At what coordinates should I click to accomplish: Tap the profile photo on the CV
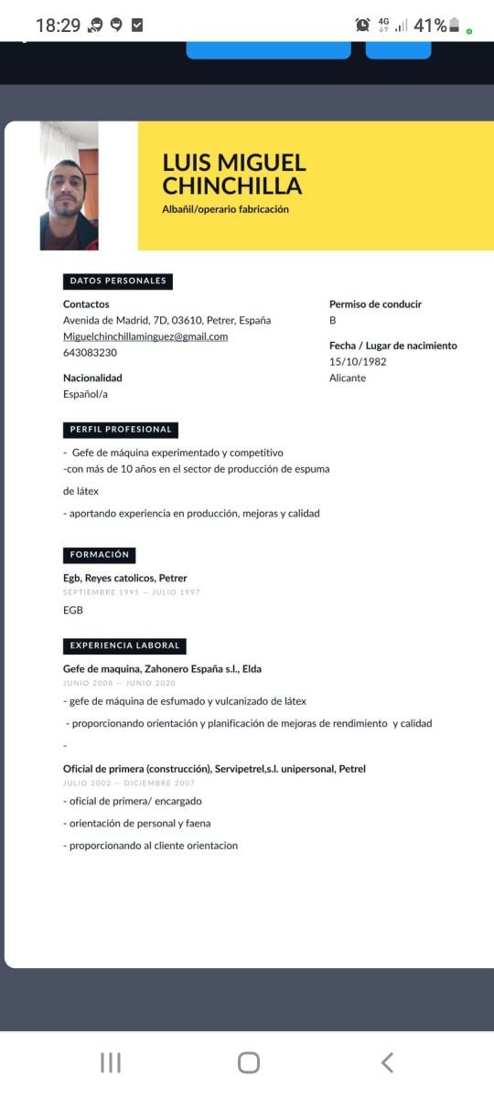(69, 186)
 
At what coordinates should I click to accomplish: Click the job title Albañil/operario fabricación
(225, 209)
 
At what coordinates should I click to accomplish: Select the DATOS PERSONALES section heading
(118, 281)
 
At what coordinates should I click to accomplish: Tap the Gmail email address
(145, 336)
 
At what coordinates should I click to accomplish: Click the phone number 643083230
(90, 353)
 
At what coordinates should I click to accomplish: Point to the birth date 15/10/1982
(358, 362)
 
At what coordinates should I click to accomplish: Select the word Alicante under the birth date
(348, 378)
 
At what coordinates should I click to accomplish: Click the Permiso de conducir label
(375, 304)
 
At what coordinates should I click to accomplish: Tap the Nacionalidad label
(92, 378)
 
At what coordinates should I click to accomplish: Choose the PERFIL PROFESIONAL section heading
(121, 430)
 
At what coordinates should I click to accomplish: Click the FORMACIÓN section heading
(100, 555)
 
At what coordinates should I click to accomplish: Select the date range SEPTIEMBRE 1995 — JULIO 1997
(132, 592)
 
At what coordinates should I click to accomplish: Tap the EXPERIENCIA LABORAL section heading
(124, 645)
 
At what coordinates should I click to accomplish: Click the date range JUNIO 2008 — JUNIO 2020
(119, 683)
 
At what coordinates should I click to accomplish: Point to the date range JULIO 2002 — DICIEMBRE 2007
(129, 783)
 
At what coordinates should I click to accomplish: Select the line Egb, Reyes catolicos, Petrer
(125, 578)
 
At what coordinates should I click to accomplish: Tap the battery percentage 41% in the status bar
(429, 26)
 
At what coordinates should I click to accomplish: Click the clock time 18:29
(59, 26)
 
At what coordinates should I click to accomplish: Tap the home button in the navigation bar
(248, 1061)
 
